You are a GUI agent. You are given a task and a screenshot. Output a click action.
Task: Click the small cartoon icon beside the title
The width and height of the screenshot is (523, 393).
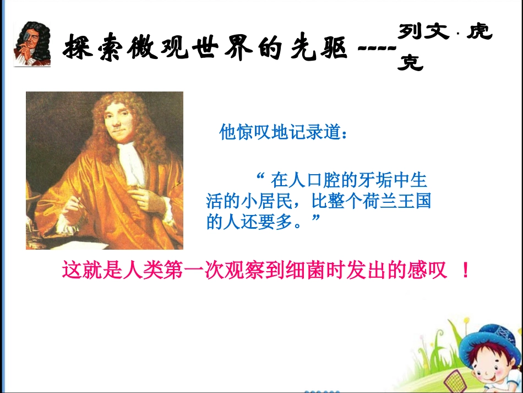coord(31,44)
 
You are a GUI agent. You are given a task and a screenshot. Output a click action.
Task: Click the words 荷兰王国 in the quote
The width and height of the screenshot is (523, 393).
coord(396,201)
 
